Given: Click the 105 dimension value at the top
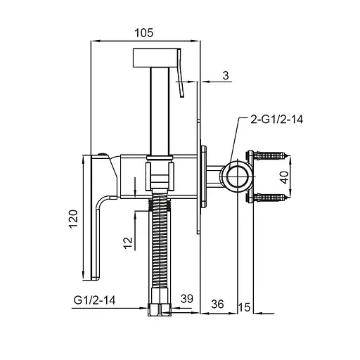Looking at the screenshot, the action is pos(144,32).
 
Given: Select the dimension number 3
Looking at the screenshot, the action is pos(226,75).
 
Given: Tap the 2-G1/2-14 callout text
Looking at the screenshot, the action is pos(277,120).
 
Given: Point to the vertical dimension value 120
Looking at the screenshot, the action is pos(73,219).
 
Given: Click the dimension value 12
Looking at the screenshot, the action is pos(128,243).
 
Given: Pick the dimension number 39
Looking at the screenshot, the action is pos(187,299).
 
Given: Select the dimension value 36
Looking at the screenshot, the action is pos(217,304).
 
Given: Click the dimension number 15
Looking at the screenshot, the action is pos(245,307).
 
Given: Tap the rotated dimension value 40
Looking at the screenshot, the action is pos(284,177).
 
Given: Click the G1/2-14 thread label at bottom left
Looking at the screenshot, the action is pos(94,300).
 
